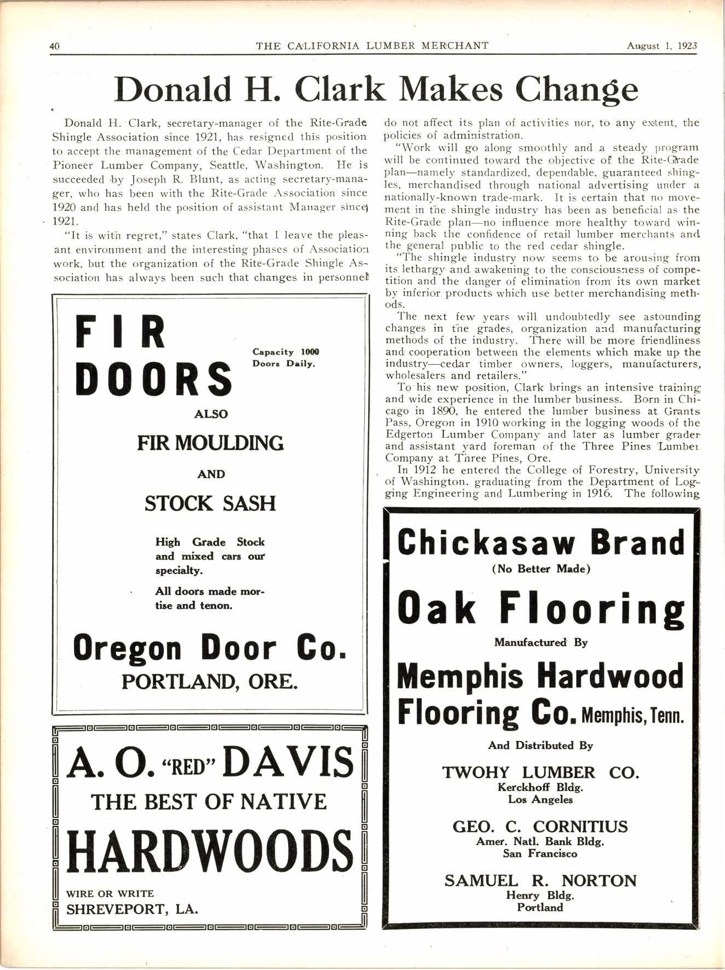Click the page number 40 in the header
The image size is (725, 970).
coord(54,46)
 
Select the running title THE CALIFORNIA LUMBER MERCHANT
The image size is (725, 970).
coord(372,46)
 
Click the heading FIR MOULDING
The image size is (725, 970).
coord(210,443)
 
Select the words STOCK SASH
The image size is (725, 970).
coord(210,503)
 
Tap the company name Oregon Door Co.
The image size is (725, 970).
coord(210,648)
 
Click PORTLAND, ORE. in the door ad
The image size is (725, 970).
coord(210,682)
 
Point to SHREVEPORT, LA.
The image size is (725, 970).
coord(132,909)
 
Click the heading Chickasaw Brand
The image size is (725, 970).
coord(541,543)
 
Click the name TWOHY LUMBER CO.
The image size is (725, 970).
coord(541,772)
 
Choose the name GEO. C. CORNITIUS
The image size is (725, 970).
coord(541,826)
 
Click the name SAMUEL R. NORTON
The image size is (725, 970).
coord(541,881)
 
